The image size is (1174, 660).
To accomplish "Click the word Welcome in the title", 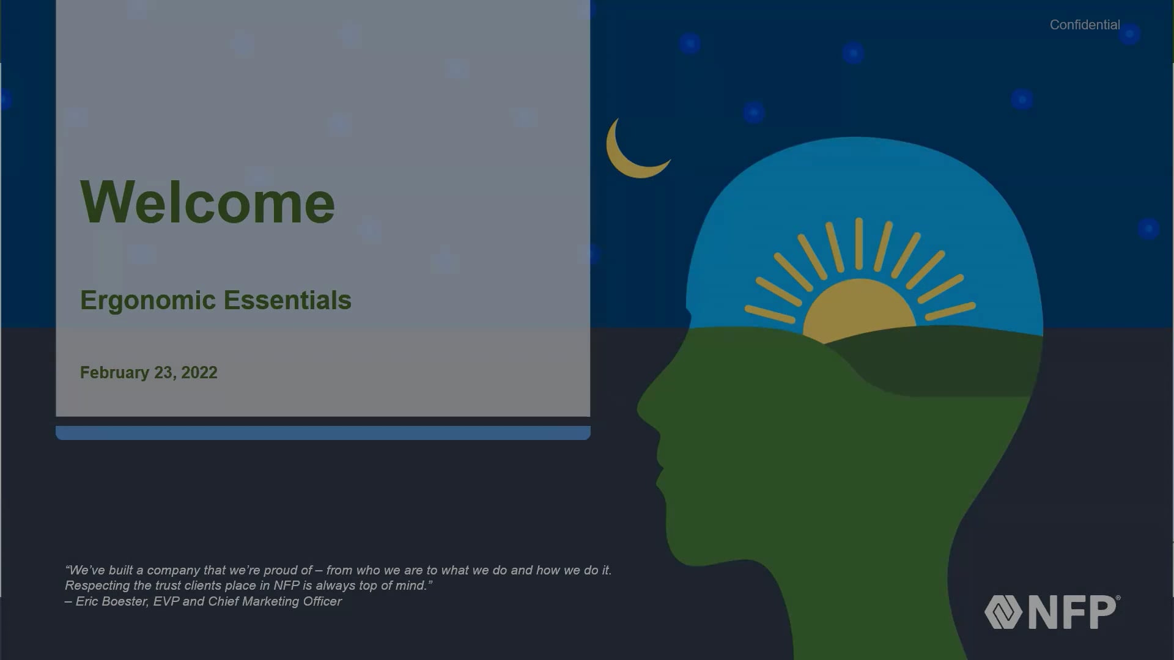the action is (207, 202).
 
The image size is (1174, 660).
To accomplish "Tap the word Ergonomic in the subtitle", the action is (148, 301).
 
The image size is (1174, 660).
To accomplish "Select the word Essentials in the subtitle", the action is (287, 300).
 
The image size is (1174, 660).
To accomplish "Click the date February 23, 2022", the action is (149, 373).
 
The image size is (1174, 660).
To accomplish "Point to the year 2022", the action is (199, 373).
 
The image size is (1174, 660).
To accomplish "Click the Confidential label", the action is (1085, 25).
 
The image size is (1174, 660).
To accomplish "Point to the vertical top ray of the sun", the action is (859, 243).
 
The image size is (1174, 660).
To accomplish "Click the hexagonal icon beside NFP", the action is (1003, 612).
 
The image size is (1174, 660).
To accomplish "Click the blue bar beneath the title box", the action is (323, 433).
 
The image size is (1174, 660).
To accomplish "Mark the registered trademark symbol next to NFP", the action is (1118, 598).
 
